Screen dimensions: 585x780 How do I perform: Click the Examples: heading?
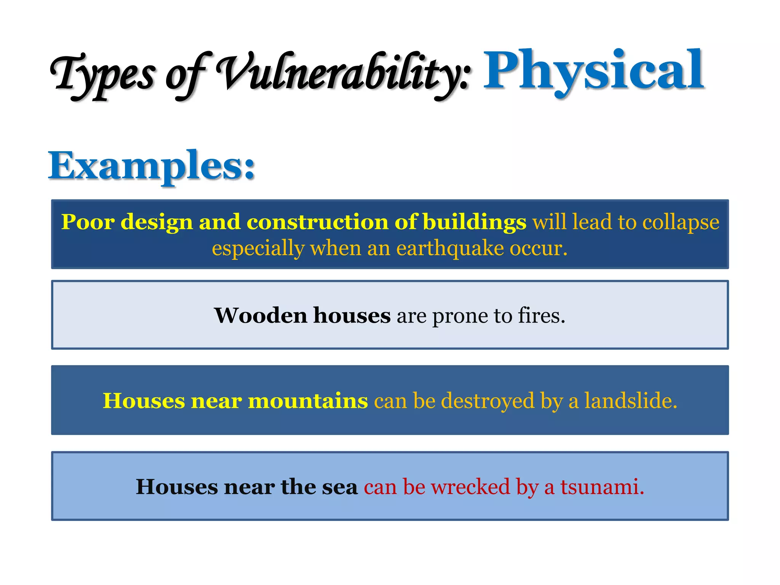[152, 166]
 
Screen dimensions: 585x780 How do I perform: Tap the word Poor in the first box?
[88, 222]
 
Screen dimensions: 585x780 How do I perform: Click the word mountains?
[308, 401]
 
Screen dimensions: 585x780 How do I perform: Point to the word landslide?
[631, 401]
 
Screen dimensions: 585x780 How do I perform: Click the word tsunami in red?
[602, 487]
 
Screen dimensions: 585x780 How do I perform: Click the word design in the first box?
[157, 222]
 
